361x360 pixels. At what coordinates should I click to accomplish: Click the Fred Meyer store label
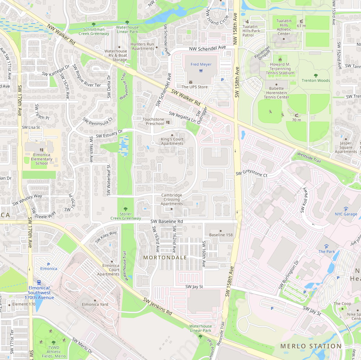[201, 64]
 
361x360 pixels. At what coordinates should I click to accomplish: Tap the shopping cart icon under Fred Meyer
[201, 71]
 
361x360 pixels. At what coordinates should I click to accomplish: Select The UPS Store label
[195, 87]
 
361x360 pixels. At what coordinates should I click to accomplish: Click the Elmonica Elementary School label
[42, 159]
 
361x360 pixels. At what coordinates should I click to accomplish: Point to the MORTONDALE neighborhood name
[165, 258]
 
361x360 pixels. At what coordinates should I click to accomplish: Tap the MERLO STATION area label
[311, 346]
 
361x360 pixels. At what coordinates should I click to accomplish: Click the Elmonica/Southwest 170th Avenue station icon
[39, 282]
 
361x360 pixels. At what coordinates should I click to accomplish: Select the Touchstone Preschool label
[153, 121]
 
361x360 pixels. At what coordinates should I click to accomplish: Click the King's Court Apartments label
[172, 141]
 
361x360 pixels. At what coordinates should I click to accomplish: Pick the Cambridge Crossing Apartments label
[171, 199]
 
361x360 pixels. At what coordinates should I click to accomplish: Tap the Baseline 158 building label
[221, 235]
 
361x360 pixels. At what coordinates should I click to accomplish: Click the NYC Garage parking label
[346, 214]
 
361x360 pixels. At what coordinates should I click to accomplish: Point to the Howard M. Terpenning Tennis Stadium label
[280, 69]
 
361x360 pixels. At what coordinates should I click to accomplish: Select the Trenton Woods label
[316, 80]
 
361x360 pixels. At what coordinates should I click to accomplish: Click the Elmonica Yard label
[95, 304]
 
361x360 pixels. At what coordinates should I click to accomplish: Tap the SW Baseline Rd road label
[167, 221]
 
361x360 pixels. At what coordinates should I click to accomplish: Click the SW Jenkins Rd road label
[157, 307]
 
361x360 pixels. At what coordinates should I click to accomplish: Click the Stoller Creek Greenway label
[126, 216]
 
